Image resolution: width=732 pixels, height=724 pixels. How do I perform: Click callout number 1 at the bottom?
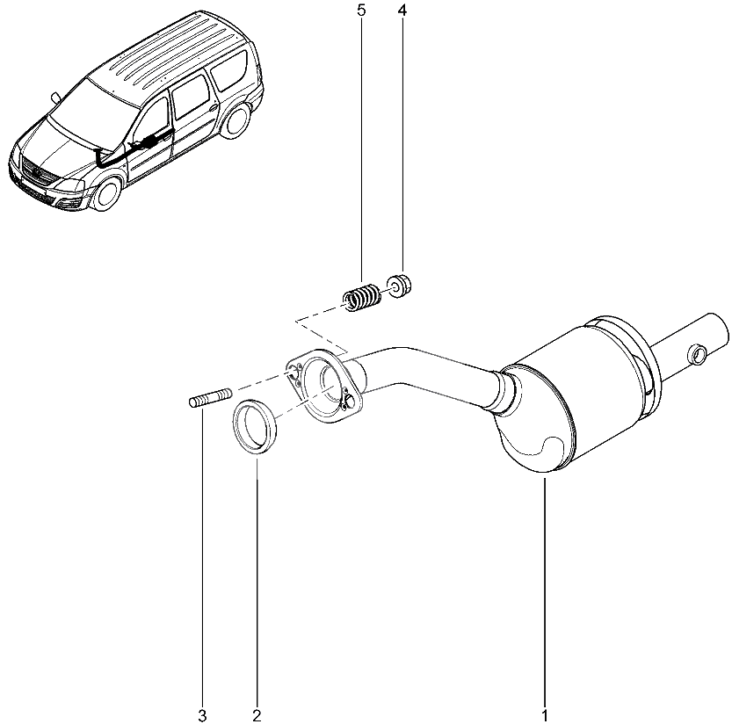pyautogui.click(x=545, y=714)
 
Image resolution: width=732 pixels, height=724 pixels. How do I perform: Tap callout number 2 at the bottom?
pyautogui.click(x=257, y=714)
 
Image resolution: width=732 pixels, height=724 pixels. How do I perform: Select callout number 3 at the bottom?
pyautogui.click(x=202, y=714)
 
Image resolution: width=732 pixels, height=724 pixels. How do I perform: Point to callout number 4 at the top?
pyautogui.click(x=402, y=11)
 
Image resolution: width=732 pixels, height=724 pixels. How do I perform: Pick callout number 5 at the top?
pyautogui.click(x=360, y=11)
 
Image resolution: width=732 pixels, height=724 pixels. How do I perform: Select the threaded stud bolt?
pyautogui.click(x=207, y=400)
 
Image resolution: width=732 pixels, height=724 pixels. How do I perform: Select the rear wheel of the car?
pyautogui.click(x=233, y=120)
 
